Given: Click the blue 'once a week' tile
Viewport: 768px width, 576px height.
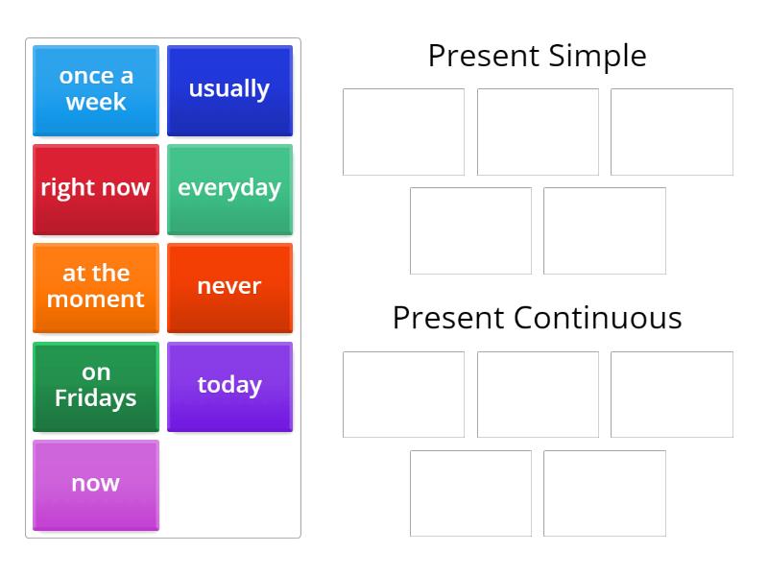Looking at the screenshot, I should coord(95,89).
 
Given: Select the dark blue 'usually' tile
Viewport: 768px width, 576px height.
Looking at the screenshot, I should coord(229,89).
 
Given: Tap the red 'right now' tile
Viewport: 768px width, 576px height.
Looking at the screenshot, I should coord(95,188).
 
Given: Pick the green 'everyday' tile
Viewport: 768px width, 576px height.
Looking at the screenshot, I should coord(229,188).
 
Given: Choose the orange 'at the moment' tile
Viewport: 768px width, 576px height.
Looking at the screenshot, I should coord(95,287).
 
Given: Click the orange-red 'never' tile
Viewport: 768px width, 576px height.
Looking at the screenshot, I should coord(229,287).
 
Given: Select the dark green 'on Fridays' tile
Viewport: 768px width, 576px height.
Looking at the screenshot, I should coord(95,386).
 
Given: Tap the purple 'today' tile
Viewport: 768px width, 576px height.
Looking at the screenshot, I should coord(229,386).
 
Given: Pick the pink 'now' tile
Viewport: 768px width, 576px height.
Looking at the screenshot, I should coord(95,485).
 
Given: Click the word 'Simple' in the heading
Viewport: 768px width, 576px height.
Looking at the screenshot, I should coord(598,56).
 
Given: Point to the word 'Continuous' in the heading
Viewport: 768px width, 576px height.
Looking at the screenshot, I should coord(597,318).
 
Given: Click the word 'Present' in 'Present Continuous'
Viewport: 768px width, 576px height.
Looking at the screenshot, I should coord(448,318).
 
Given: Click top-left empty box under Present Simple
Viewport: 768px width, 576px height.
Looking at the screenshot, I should coord(403,132).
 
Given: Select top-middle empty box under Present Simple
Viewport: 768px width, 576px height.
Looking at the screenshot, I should coord(538,132).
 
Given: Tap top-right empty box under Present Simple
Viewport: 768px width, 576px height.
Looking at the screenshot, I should coord(671,132).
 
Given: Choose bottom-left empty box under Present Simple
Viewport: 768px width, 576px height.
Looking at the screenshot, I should coord(470,230).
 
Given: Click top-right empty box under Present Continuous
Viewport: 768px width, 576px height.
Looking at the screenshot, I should coord(671,395).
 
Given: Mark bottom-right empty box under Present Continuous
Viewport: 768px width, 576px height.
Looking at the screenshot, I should coord(604,493).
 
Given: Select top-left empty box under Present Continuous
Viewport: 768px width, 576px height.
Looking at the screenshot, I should coord(403,395).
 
